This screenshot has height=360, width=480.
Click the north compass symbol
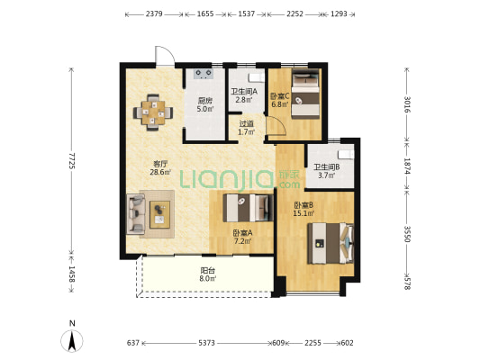point(72,341)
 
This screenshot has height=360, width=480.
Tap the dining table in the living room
point(153,112)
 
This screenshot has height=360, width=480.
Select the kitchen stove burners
point(204,74)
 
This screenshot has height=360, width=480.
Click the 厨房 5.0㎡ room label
point(204,104)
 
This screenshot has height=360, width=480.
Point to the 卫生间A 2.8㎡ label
point(244,95)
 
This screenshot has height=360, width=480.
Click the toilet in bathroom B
point(346,155)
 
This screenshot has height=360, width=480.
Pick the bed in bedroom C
point(305,94)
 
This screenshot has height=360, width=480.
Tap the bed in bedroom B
point(331,243)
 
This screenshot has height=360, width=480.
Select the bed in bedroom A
point(248,208)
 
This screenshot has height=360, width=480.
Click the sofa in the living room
point(136,214)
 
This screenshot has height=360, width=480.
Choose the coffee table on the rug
point(159,214)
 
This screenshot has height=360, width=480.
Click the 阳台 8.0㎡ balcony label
point(208,274)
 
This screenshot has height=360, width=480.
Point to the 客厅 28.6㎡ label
point(160,168)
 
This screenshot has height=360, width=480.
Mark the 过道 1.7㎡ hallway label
point(247,128)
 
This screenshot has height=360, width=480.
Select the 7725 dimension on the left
point(71,160)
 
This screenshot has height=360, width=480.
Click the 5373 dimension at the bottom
point(206,343)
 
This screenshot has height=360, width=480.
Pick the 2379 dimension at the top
point(154,13)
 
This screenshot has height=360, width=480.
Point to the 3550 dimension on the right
point(407,234)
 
